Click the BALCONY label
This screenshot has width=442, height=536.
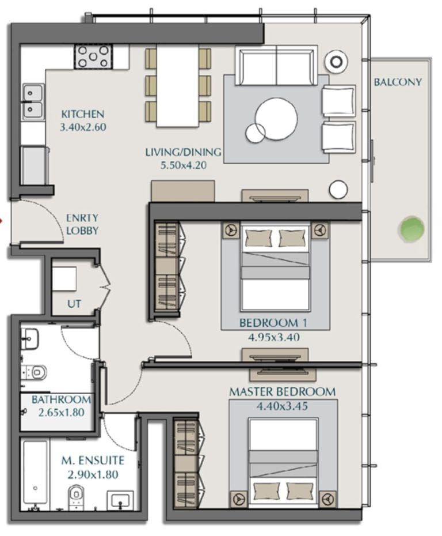(398, 82)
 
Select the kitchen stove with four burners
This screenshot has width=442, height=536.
(94, 56)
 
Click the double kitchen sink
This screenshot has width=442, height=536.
(33, 101)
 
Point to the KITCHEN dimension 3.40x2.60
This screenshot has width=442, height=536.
(83, 127)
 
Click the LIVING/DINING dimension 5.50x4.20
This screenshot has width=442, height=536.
(184, 165)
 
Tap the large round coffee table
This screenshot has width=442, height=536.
(276, 119)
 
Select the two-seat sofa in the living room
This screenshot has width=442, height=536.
(276, 67)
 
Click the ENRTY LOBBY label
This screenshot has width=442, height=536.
(82, 224)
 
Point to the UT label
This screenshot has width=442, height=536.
(74, 304)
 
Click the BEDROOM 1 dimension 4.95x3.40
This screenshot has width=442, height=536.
(274, 338)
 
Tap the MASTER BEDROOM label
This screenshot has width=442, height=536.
(282, 392)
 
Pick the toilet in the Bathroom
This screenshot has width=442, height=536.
(35, 372)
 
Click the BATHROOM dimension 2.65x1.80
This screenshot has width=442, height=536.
(62, 413)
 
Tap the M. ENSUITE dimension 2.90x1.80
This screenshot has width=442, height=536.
(93, 475)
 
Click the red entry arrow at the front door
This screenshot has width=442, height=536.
(1, 221)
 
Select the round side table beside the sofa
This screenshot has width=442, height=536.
(337, 62)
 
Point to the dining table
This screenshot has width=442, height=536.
(177, 86)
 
